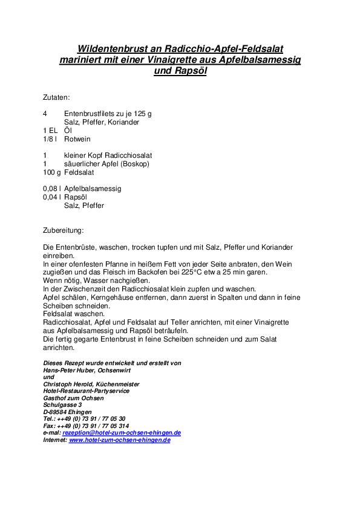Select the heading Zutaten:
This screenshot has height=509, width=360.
(56, 97)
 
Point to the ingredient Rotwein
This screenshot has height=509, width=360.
(77, 139)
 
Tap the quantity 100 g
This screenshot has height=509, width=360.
(51, 172)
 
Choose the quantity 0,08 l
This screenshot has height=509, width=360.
(52, 189)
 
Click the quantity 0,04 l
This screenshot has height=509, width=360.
(52, 197)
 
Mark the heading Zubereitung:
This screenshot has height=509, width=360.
(63, 230)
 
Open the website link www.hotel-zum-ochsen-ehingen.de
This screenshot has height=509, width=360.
(119, 440)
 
